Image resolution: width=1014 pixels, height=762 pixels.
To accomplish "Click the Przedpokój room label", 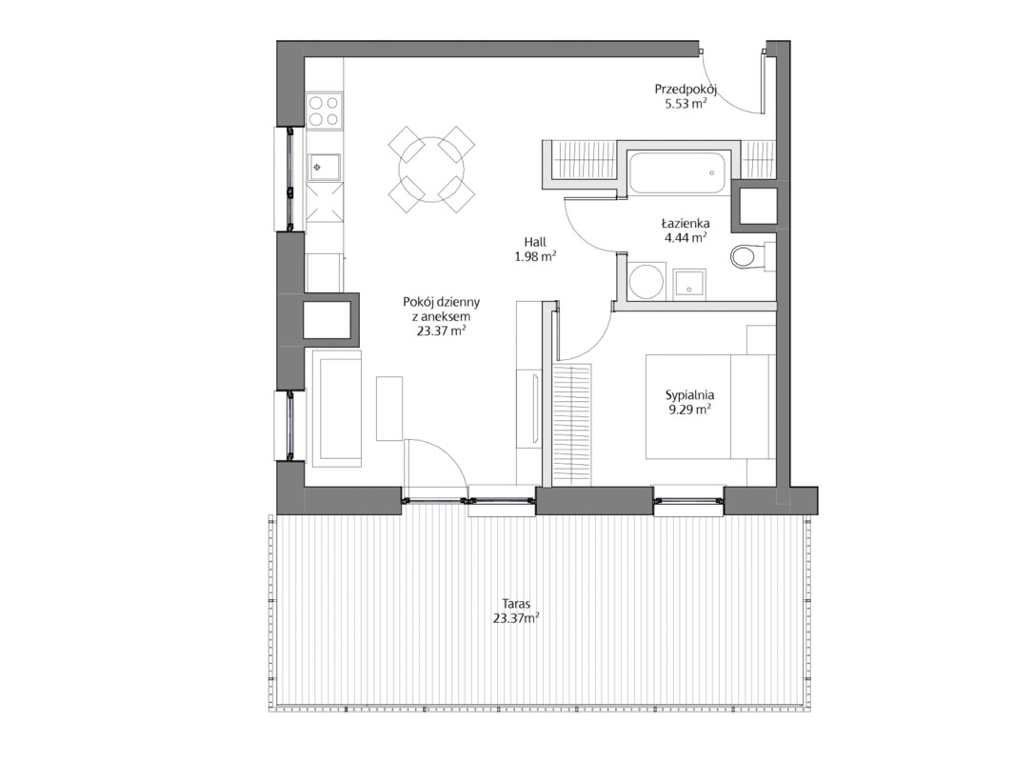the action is coord(686,90).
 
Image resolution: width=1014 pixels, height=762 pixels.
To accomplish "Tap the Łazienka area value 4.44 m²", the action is coord(686,237).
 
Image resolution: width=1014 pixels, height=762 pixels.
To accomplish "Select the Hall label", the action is coord(535,243).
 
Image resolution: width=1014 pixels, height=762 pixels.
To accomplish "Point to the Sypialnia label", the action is coord(689,395).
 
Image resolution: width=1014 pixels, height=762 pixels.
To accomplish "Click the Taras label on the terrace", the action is coord(515,604).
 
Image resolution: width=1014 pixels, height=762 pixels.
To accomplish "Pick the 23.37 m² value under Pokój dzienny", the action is coord(443,331).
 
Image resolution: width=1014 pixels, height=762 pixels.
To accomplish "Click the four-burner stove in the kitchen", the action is coord(324,110).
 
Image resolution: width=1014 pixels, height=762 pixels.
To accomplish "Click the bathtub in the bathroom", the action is coord(676,172).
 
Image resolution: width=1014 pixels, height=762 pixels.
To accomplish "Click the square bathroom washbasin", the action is coord(689,283).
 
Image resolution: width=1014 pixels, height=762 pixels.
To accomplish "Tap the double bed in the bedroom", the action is coord(709,407).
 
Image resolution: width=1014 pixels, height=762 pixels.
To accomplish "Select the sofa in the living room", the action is coord(337,408).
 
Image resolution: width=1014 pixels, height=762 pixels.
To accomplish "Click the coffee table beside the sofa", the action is coord(390,409).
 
